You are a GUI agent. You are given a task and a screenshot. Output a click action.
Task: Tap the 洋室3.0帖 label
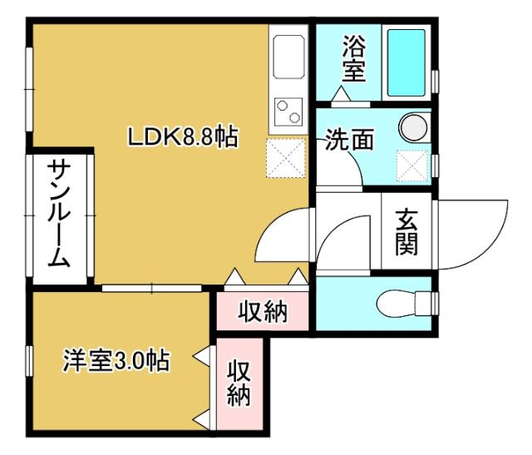tap(117, 361)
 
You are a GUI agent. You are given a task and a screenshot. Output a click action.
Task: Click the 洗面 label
tap(348, 140)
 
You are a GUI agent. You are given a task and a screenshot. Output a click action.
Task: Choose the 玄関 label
tap(406, 232)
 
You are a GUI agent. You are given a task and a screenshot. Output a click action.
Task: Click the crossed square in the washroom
tap(411, 166)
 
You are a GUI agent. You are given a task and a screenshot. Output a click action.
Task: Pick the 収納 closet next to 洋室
tap(239, 382)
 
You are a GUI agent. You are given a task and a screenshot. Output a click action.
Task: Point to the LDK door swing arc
tap(281, 238)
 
